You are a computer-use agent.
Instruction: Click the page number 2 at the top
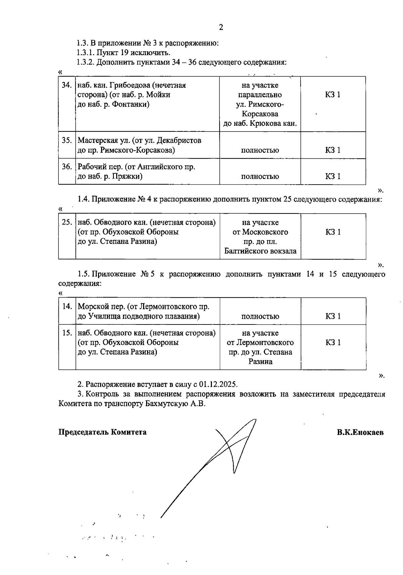pos(221,28)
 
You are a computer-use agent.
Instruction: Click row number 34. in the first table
pos(67,85)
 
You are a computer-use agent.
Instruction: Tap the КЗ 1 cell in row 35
pos(332,150)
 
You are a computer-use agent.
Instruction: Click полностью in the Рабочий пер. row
pos(260,177)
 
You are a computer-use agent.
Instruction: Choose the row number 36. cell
pos(67,167)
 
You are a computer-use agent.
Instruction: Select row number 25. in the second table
pos(67,223)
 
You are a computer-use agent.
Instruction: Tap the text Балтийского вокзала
pos(260,251)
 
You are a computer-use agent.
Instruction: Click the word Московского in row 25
pos(265,232)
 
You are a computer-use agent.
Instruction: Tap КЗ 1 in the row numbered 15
pos(333,343)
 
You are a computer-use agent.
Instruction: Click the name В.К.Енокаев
pos(360,432)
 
